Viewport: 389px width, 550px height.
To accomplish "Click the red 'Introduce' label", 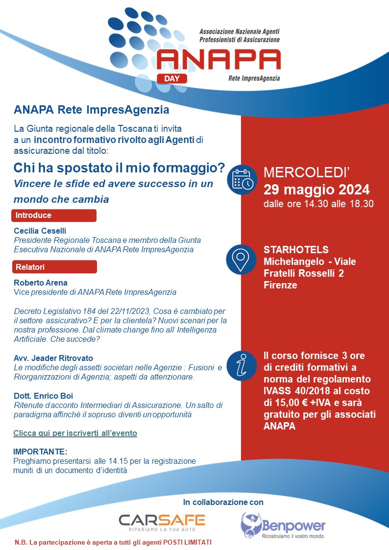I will (x=54, y=215).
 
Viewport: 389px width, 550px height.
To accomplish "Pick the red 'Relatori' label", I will (x=54, y=267).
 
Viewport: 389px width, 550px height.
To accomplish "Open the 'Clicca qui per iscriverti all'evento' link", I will (x=75, y=433).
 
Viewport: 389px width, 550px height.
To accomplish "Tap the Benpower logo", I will (x=283, y=525).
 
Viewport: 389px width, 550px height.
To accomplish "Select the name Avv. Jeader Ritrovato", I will (x=53, y=358).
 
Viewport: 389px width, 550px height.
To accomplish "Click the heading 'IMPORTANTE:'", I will (x=40, y=451).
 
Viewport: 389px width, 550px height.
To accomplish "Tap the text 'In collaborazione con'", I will (x=223, y=502).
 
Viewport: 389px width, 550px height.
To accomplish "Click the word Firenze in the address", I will (x=280, y=285).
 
